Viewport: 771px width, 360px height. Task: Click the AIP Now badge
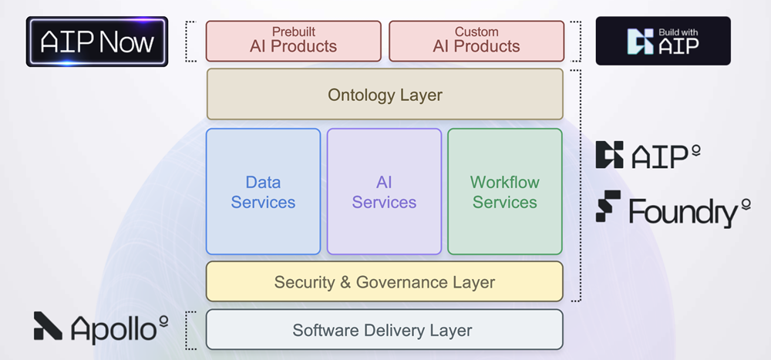click(97, 42)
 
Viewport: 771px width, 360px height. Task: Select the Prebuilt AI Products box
click(294, 41)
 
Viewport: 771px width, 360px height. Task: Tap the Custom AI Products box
click(476, 41)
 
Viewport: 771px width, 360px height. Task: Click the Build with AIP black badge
click(663, 41)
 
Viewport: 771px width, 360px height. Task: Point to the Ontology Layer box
click(385, 95)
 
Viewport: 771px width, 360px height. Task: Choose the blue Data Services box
click(263, 192)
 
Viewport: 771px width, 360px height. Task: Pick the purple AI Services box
click(384, 192)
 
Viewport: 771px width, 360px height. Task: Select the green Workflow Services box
click(505, 192)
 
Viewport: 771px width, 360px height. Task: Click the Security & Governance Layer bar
click(385, 282)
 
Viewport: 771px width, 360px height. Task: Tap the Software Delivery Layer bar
click(385, 330)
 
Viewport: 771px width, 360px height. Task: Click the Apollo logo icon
click(48, 326)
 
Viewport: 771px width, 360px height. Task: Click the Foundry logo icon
click(608, 206)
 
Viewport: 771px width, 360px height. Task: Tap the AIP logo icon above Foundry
click(609, 155)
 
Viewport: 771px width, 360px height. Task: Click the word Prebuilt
click(294, 32)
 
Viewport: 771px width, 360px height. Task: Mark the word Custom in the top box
click(476, 32)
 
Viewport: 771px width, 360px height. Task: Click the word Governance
click(400, 282)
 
